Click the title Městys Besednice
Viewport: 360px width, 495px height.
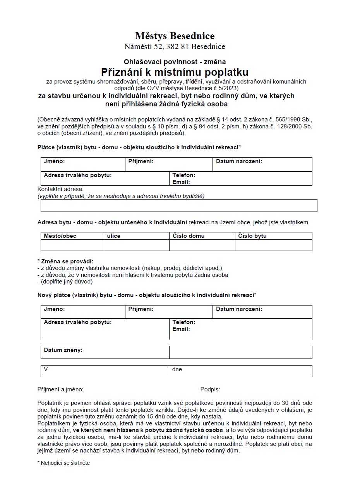point(175,36)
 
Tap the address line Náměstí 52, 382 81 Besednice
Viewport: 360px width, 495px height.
point(175,47)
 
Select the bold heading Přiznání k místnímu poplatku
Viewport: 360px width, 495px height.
point(175,72)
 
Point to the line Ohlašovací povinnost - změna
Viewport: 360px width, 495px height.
point(175,61)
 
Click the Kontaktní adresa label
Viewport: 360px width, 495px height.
point(60,189)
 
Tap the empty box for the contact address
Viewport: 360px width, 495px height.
point(179,206)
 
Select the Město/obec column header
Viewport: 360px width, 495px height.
point(60,236)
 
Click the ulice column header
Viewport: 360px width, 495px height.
point(113,236)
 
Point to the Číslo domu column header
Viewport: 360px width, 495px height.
point(189,236)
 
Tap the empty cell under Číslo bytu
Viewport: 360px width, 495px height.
point(273,245)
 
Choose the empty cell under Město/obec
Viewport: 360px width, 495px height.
point(72,245)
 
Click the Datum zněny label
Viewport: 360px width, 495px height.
point(63,350)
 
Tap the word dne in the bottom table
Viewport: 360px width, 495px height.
point(177,369)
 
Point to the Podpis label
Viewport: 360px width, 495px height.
point(210,389)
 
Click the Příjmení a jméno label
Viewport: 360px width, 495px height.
point(60,389)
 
